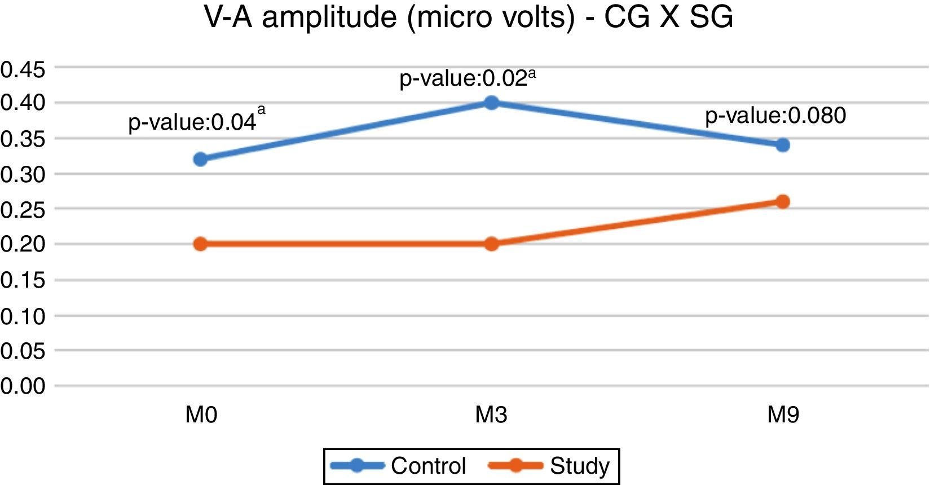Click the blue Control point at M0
[200, 159]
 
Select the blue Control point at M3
[491, 103]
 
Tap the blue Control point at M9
[782, 145]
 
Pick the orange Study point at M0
[200, 244]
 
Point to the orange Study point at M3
[491, 244]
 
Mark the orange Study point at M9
[782, 201]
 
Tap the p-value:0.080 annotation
[775, 116]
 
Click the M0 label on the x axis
[201, 416]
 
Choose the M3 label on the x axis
[491, 416]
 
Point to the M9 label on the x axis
[783, 416]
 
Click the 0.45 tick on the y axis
[23, 70]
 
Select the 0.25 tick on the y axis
[23, 210]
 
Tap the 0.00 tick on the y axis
[23, 386]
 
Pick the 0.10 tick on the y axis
[23, 316]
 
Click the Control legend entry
[399, 466]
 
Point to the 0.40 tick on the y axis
[23, 103]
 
